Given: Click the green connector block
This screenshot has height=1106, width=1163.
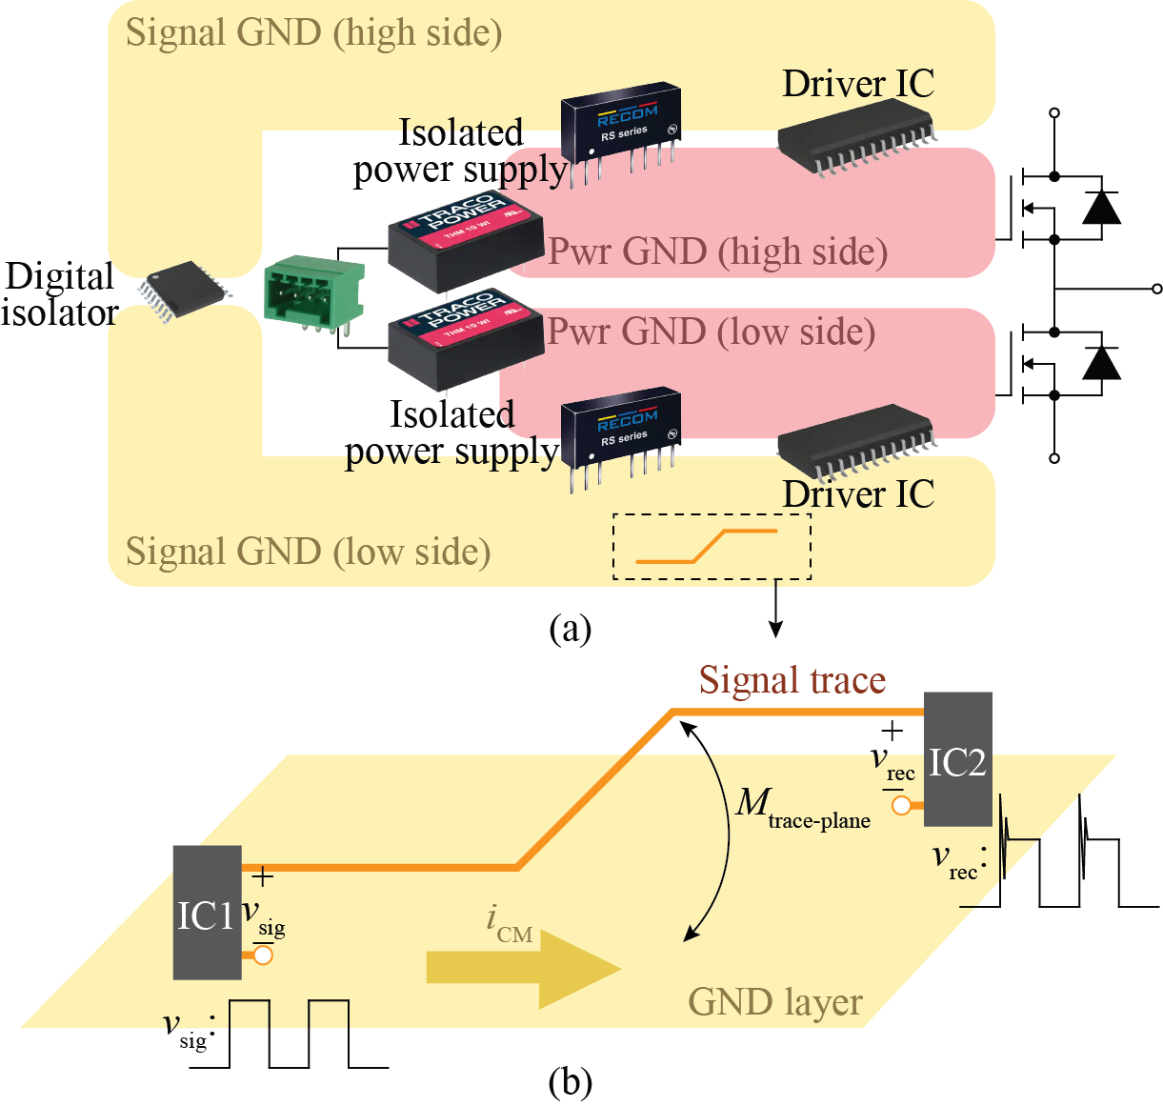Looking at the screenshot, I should (313, 291).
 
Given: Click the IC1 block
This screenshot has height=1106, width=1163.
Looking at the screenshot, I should (207, 912).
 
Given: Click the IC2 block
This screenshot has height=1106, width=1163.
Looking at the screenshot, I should (957, 759).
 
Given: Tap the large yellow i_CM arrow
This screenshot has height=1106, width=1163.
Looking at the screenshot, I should (523, 968).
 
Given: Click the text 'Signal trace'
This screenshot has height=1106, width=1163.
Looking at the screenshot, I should (792, 680).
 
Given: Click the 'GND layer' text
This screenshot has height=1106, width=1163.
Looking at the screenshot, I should (774, 1002).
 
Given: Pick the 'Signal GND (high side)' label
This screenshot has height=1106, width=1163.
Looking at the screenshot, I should (313, 33).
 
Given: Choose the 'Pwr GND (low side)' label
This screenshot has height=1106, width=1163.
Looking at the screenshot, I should (711, 332).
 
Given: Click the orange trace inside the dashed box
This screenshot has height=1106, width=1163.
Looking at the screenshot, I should (707, 547).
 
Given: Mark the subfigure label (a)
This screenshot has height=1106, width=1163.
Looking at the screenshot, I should (571, 629).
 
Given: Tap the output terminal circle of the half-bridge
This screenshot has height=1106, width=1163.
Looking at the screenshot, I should (1156, 289).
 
